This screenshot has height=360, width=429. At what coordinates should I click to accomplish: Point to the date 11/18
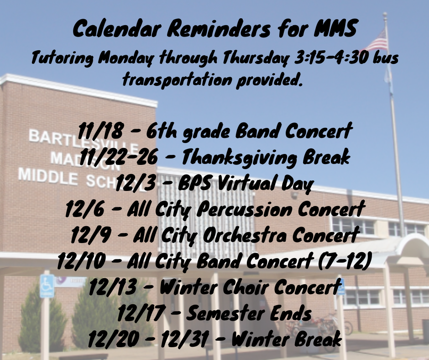[100, 131]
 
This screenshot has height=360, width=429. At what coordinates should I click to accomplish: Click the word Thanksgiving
[239, 158]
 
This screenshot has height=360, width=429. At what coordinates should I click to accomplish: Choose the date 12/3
[136, 183]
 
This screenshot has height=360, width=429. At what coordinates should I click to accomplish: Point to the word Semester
[220, 313]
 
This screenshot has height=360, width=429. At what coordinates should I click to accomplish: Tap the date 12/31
[184, 339]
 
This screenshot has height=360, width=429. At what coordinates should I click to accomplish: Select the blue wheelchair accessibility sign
[47, 286]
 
